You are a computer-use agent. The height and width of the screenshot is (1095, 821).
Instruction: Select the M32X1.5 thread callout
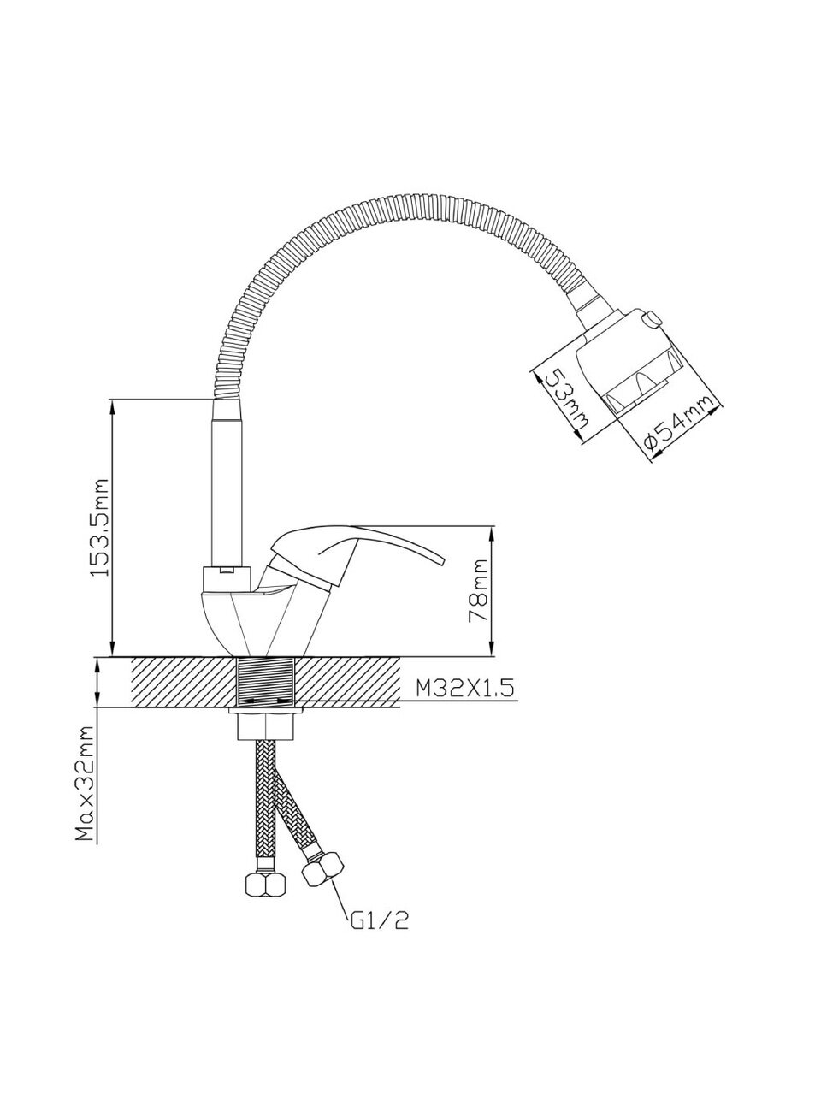click(464, 689)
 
